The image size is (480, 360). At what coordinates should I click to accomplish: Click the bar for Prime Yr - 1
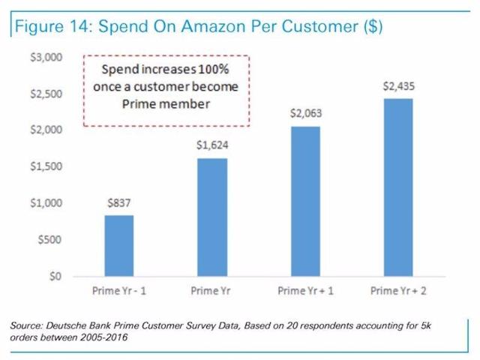point(118,246)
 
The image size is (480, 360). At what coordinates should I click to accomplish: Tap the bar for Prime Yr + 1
point(304,202)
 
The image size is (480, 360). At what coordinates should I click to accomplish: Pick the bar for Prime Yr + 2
point(397,187)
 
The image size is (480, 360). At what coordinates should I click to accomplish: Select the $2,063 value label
point(304,113)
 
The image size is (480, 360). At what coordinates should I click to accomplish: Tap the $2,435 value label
point(397,85)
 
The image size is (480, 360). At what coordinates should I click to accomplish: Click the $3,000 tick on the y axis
point(52,58)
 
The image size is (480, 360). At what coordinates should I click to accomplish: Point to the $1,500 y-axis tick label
point(52,166)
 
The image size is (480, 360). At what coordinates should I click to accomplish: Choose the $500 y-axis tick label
point(55,239)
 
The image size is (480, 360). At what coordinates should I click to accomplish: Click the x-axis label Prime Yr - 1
point(118,289)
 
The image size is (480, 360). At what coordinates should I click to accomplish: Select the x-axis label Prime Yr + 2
point(397,289)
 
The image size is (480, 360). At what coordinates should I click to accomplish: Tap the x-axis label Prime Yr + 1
point(304,289)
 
